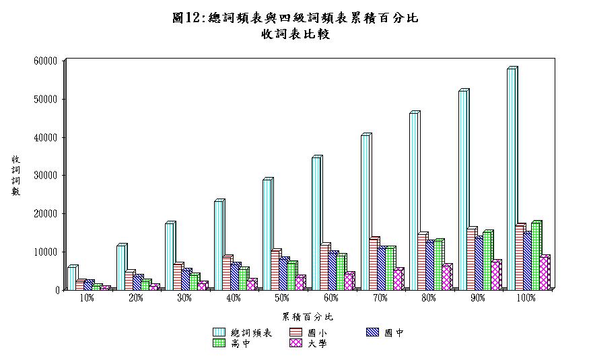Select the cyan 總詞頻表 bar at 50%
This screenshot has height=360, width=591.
pos(267,235)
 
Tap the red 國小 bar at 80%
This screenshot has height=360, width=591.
pos(421,262)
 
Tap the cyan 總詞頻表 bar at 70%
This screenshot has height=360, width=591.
pos(365,213)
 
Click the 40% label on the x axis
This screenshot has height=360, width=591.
pos(234,298)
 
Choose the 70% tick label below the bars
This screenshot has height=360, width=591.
pos(380,298)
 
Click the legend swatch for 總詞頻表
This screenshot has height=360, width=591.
pos(219,332)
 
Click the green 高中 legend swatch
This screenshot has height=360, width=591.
pos(219,343)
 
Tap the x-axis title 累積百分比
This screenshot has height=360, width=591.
pos(307,316)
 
